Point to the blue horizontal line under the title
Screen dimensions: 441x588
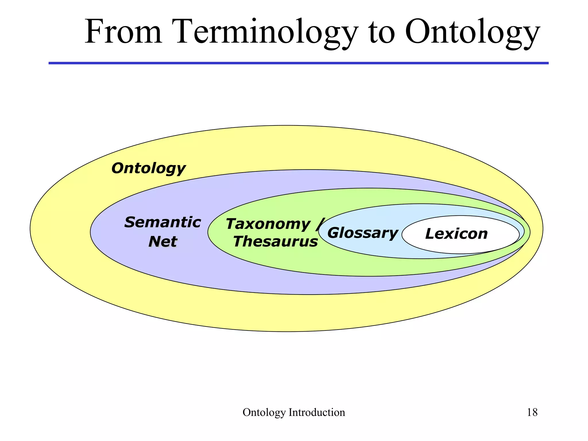(x=299, y=63)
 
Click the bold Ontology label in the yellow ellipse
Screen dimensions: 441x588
(x=148, y=168)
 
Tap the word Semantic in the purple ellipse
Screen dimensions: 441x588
(x=163, y=223)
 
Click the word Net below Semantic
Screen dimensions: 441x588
(x=163, y=241)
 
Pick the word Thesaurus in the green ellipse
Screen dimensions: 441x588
(x=275, y=242)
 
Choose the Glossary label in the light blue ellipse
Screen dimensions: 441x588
(x=363, y=233)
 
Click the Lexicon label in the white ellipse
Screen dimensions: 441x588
(x=456, y=234)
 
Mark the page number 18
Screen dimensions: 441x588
(x=532, y=412)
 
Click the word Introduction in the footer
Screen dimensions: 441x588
(x=317, y=412)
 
